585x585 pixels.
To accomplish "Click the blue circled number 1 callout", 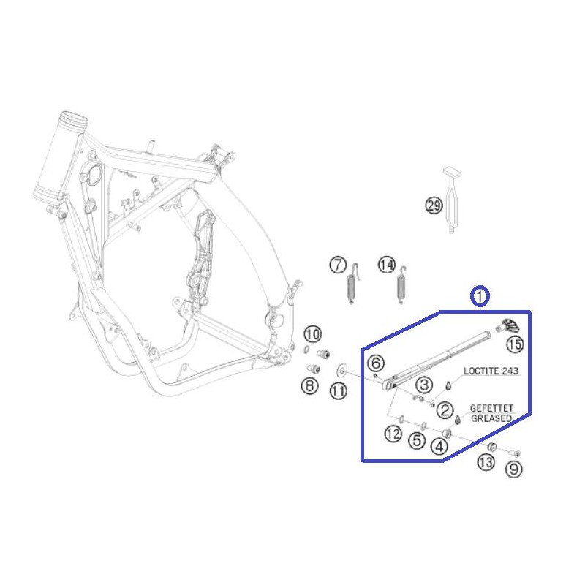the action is tap(480, 296).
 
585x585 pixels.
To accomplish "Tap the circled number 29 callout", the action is tap(434, 205).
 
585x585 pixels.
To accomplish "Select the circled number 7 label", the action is tap(338, 265).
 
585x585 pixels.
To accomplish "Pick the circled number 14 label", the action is tap(387, 265).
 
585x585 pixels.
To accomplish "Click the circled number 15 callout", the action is tap(515, 344).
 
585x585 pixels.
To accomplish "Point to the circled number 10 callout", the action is tap(313, 334).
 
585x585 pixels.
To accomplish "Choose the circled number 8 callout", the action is tap(309, 385).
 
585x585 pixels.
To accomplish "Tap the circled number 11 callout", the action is tap(339, 391).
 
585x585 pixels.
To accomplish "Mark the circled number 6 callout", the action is tap(376, 363).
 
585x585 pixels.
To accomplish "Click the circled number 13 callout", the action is tap(486, 463).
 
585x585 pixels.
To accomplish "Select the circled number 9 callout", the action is tap(514, 469).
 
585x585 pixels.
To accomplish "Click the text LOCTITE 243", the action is tap(491, 371).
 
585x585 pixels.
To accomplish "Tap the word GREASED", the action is tap(491, 418).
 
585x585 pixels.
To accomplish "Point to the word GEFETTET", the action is tap(491, 408).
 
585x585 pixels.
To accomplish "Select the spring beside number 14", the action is tap(401, 284).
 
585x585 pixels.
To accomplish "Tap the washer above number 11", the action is tap(341, 371).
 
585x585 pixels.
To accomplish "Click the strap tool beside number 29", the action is tap(452, 200).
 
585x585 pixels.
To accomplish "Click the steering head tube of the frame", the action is tap(60, 157).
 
